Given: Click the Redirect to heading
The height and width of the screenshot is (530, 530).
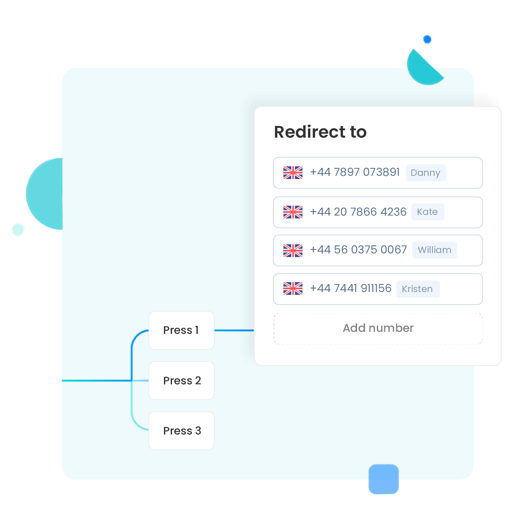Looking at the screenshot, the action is coord(320,132).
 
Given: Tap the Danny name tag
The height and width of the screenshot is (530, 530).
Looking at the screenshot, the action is coord(425,173).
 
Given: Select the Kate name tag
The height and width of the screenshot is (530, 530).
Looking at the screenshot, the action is coord(427,212).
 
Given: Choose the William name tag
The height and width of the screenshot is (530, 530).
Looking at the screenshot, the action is coord(434,250).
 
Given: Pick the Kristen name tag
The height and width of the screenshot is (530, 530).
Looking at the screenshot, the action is coord(418,289).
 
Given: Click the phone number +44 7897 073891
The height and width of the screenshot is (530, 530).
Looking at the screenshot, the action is coord(355,172).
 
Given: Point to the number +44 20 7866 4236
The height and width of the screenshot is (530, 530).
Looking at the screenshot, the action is coord(358,212).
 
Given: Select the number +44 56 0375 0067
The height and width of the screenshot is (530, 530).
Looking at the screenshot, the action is coord(359,250).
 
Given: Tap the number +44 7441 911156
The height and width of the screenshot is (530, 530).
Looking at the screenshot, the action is coord(351,288).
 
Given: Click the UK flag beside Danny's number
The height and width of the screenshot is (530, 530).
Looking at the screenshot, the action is coord(292,173).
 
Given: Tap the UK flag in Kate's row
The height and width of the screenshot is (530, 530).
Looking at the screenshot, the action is coord(292,212).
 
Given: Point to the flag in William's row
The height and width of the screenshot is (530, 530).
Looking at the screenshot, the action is coord(292,251).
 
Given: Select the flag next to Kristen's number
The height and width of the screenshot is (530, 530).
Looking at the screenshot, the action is coord(292,288).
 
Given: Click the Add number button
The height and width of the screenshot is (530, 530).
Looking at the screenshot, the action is coord(378,328).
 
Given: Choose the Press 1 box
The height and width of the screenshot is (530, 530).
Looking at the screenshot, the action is coord(181,330).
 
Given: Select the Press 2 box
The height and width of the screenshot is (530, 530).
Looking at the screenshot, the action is coord(181,380).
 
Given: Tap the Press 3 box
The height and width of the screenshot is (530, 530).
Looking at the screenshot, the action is coord(181,431).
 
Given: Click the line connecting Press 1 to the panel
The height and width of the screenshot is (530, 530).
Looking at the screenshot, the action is coord(234,330).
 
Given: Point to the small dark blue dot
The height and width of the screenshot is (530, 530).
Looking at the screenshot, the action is coord(427,39).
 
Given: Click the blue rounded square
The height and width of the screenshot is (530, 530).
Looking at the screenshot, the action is coord(384,479).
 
